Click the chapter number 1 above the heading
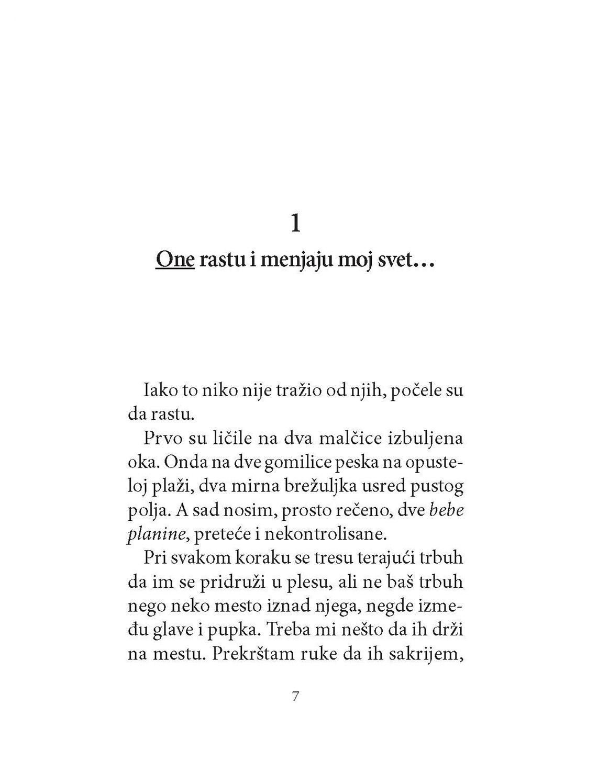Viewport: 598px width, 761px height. pos(296,223)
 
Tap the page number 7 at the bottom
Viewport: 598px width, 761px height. pos(295,697)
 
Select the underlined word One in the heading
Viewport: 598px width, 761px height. pos(175,260)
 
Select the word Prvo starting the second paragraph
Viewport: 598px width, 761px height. pos(161,439)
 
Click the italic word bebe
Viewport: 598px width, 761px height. pos(446,511)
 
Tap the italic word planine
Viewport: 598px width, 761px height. pos(157,534)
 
